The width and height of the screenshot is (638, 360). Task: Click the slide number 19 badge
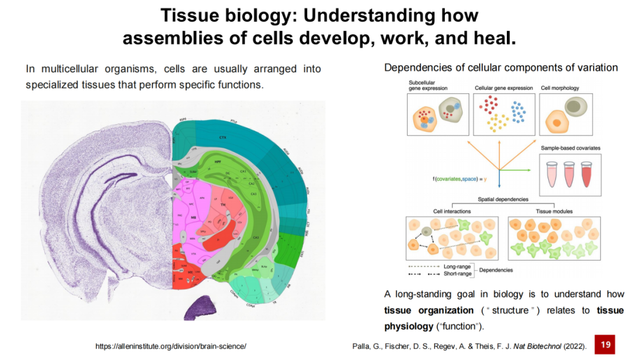pyautogui.click(x=605, y=345)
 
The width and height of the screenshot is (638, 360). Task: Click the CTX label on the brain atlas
pyautogui.click(x=222, y=137)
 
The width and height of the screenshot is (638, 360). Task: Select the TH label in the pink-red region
pyautogui.click(x=223, y=205)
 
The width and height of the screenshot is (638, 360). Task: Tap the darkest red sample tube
pyautogui.click(x=586, y=176)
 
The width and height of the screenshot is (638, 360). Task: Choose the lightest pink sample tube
pyautogui.click(x=553, y=176)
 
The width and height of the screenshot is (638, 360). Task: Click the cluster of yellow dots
pyautogui.click(x=499, y=122)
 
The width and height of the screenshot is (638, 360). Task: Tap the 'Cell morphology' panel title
pyautogui.click(x=559, y=88)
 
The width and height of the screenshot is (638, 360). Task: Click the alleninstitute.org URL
pyautogui.click(x=171, y=345)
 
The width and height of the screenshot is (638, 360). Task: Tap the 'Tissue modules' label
pyautogui.click(x=554, y=210)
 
